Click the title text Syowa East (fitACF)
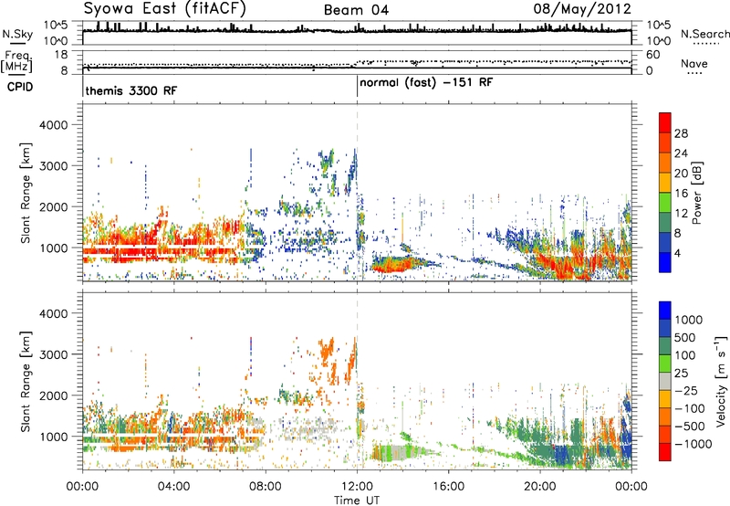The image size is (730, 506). [165, 8]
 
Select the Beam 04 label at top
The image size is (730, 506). [356, 10]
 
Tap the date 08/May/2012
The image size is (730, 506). [582, 8]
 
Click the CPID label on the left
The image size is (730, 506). [20, 87]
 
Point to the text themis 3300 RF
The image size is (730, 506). [131, 90]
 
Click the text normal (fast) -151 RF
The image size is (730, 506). [426, 83]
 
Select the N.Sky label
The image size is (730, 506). [17, 34]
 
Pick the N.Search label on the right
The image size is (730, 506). [704, 34]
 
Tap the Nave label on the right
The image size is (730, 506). [694, 63]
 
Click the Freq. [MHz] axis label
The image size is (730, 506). [18, 62]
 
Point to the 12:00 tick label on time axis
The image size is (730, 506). [357, 487]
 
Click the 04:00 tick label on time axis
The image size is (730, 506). [174, 487]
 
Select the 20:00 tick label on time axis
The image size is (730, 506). [540, 487]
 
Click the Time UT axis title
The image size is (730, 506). [357, 501]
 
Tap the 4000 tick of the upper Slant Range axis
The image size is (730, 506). [54, 125]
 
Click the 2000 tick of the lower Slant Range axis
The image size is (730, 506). [54, 395]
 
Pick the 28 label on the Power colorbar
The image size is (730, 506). [681, 133]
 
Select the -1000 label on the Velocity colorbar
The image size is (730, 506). [693, 444]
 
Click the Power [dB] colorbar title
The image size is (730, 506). [697, 193]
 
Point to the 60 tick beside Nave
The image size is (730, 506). [653, 55]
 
